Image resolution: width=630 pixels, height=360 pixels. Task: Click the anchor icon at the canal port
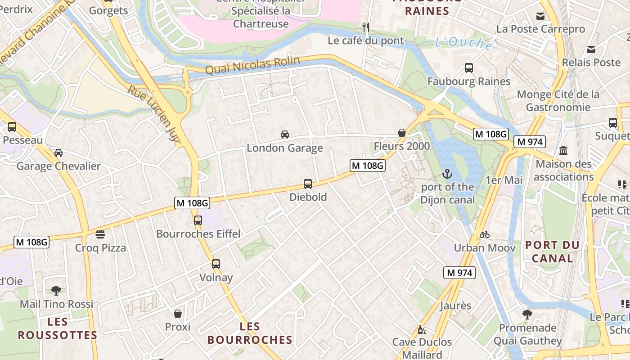coord(447,173)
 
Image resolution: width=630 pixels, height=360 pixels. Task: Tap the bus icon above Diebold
coord(308,184)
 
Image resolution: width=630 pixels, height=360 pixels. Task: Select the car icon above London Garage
coord(285,134)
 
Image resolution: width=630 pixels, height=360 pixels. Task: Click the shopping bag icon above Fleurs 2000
coord(402,133)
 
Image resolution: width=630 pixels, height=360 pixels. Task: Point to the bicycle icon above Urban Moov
coord(485,234)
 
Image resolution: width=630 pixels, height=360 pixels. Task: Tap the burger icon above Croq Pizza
coord(100,234)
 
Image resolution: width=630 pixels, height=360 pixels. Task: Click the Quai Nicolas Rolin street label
coord(252,66)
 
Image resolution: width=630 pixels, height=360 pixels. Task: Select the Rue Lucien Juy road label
coord(153,113)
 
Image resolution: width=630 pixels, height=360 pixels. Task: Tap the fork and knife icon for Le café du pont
coord(366,27)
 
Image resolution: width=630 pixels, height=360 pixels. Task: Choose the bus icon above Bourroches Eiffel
coord(198,220)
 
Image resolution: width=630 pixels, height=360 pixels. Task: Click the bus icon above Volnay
coord(216,264)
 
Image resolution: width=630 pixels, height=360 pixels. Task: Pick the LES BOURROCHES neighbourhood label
coord(250,333)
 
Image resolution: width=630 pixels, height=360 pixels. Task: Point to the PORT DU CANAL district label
coord(552,252)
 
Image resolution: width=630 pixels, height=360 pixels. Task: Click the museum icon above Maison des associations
coord(563,151)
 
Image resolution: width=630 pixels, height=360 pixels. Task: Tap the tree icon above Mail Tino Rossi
coord(56,290)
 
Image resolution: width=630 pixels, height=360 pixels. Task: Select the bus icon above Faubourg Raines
coord(469,68)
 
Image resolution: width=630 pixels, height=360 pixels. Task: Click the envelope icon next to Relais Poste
coord(591,49)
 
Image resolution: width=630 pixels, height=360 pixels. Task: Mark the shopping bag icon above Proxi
coord(178,313)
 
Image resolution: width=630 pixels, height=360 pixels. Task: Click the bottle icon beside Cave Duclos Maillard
coord(422,329)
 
